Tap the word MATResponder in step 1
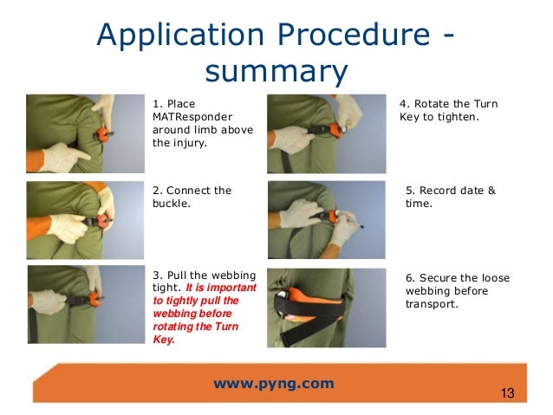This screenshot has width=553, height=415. tap(191, 116)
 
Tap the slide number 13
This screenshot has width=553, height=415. tap(507, 395)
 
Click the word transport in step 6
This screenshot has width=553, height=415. tap(430, 304)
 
